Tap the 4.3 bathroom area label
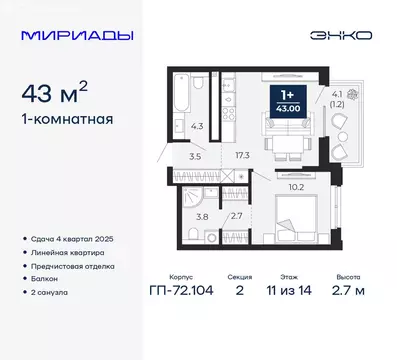pos(199,126)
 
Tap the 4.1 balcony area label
pos(337,97)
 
